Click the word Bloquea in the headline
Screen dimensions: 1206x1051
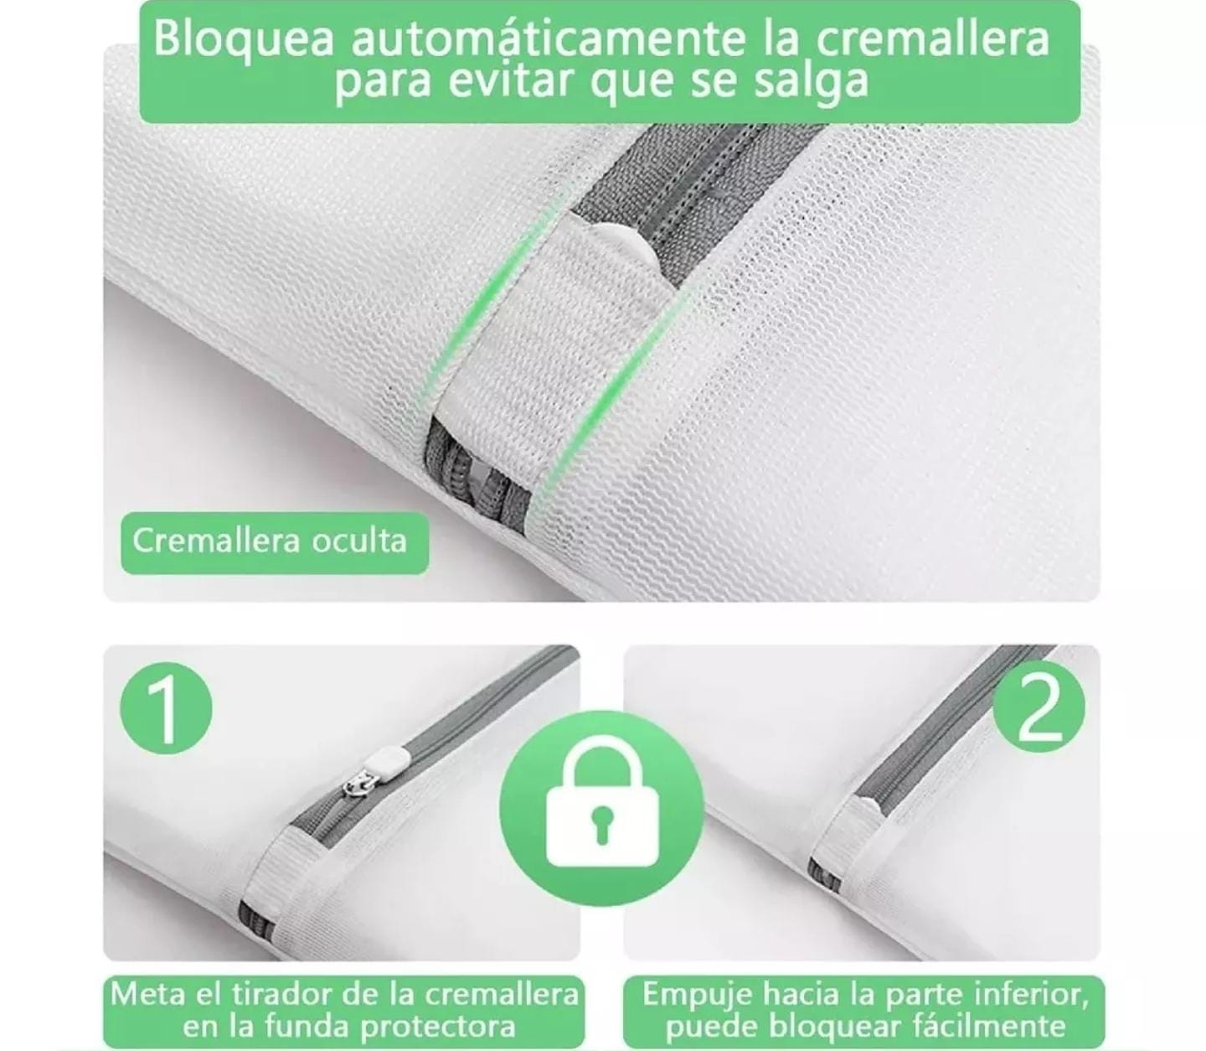[x=243, y=39]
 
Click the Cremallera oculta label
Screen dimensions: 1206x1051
[x=270, y=541]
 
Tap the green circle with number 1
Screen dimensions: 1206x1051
[x=166, y=707]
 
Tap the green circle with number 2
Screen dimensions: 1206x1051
[x=1038, y=707]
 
